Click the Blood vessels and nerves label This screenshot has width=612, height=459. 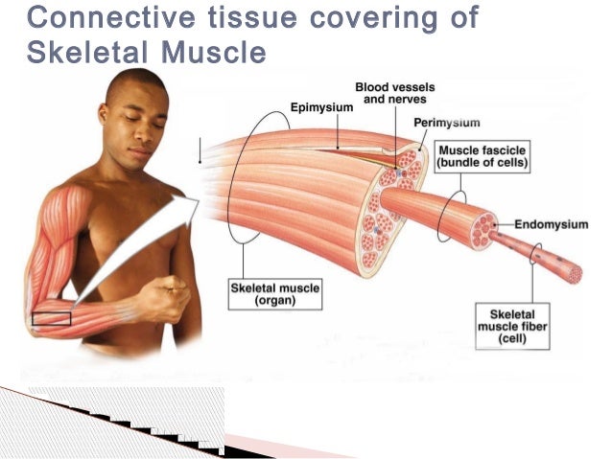[x=393, y=93]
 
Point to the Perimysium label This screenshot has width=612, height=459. [x=447, y=123]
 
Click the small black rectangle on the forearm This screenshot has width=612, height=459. [x=52, y=318]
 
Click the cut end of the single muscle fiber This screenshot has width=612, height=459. [x=575, y=274]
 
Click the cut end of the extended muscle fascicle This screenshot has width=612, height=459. [x=485, y=226]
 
